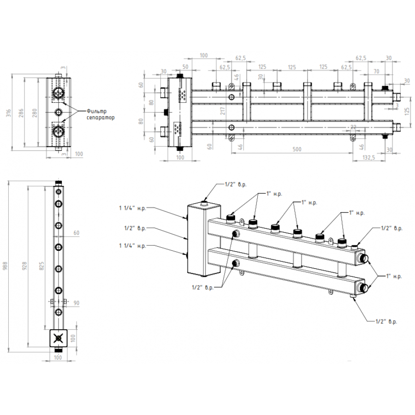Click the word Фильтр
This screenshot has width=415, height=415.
96,111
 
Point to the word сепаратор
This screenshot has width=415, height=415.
100,118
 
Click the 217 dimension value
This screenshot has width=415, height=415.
222,111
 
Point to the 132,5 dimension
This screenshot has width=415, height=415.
369,158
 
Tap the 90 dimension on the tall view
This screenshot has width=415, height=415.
77,302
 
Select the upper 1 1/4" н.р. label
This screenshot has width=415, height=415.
132,208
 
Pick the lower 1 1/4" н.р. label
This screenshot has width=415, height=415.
132,246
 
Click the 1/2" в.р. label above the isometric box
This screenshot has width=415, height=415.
235,185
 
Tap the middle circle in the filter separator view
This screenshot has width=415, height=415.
59,112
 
